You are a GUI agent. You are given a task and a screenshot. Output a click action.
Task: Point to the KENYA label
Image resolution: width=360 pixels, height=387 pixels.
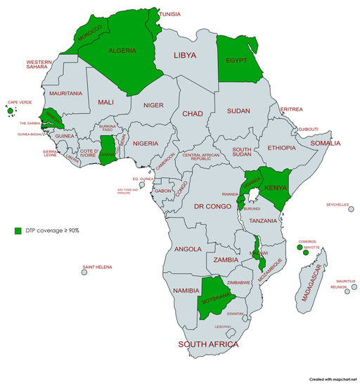click(x=277, y=189)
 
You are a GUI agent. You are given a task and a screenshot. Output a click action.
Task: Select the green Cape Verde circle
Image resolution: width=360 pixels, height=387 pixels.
click(x=10, y=110)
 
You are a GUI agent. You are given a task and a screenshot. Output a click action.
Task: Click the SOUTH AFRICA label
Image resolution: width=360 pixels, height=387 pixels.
click(x=208, y=345)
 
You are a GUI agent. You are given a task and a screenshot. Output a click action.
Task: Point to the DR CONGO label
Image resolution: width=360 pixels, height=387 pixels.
click(x=214, y=207)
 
